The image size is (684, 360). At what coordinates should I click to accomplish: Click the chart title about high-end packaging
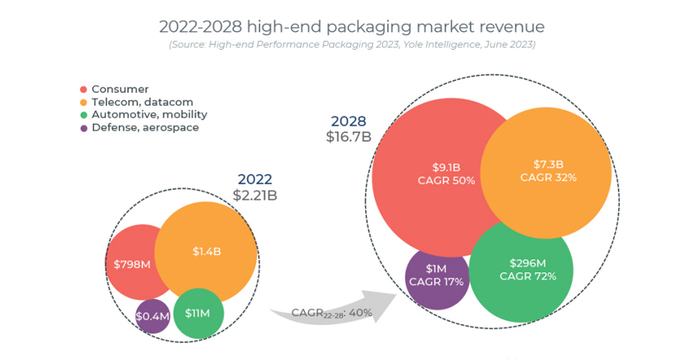pos(351,27)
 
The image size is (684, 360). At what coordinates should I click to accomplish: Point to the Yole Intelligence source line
pos(351,45)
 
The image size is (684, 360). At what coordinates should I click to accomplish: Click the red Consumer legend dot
pos(84,89)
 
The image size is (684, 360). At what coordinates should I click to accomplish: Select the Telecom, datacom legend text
pos(142,102)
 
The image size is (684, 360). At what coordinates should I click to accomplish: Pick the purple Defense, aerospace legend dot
pos(84,128)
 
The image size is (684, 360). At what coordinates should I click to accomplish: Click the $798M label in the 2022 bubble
pos(132,264)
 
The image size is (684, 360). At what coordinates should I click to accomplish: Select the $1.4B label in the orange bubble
pos(207,251)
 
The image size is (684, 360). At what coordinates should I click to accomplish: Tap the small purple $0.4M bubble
pos(153,315)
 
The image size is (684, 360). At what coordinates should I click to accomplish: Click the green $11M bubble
pos(198,313)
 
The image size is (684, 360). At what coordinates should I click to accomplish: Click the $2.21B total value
pos(255,195)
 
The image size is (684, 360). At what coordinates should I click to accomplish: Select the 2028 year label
pos(348,121)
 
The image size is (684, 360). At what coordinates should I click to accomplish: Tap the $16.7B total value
pos(348,136)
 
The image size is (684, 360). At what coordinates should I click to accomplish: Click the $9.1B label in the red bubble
pos(446,167)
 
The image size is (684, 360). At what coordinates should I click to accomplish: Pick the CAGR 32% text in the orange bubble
pos(549,177)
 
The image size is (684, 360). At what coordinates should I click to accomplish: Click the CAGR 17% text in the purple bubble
pos(436,282)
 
